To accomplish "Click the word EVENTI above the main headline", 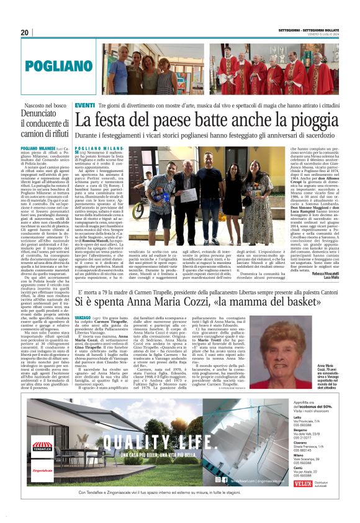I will point(85,106).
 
